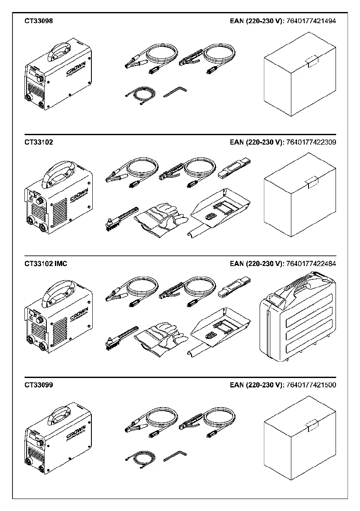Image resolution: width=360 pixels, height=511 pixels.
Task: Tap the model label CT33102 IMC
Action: (x=46, y=264)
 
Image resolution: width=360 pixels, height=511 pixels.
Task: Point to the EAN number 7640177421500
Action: (x=311, y=385)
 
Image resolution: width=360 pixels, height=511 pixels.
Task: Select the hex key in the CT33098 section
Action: (x=175, y=91)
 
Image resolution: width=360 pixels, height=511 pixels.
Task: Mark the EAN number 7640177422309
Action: (x=311, y=142)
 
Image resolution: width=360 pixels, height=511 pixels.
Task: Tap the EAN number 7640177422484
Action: (x=311, y=264)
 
